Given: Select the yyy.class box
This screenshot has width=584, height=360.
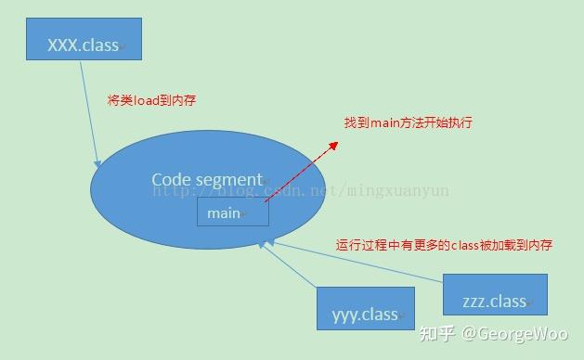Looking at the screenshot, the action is (365, 313).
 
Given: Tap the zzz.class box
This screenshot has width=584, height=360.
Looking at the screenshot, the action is (495, 296).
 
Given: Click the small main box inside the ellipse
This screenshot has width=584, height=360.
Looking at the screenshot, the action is (232, 212).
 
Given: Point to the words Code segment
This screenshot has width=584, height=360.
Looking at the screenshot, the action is (208, 179).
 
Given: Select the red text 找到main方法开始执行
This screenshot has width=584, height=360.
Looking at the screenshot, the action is (409, 122).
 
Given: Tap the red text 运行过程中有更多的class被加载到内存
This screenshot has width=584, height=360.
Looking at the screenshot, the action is (444, 245).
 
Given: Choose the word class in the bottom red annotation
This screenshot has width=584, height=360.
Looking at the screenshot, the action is (464, 245).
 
